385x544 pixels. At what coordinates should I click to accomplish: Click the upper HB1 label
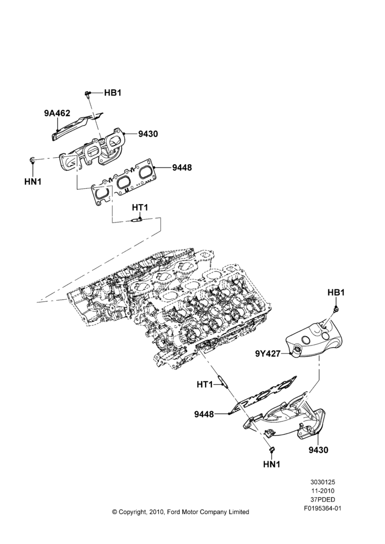(113, 93)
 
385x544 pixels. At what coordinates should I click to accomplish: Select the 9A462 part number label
(57, 113)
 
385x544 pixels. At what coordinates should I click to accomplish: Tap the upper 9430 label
(148, 134)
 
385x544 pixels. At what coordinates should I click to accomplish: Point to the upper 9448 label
(182, 168)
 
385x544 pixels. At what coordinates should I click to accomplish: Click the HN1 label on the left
(33, 181)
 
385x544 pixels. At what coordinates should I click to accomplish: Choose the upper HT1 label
(140, 207)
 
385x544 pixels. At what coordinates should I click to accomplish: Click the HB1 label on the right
(336, 293)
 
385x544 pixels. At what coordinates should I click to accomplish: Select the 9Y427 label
(268, 354)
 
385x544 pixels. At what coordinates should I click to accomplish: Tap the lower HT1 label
(204, 385)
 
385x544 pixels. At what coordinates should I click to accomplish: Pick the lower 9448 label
(204, 414)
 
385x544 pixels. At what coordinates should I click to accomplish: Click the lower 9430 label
(319, 450)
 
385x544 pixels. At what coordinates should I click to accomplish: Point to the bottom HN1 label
(271, 464)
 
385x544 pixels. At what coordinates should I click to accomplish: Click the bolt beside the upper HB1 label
(88, 94)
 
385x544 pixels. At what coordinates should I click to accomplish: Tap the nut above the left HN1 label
(32, 160)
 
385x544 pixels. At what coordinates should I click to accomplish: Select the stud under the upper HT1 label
(136, 220)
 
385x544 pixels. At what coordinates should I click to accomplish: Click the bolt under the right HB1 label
(336, 309)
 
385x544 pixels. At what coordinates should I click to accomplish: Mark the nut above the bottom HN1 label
(271, 450)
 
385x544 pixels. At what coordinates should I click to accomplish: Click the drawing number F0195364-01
(322, 509)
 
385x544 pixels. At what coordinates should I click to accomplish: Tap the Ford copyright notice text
(181, 512)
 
